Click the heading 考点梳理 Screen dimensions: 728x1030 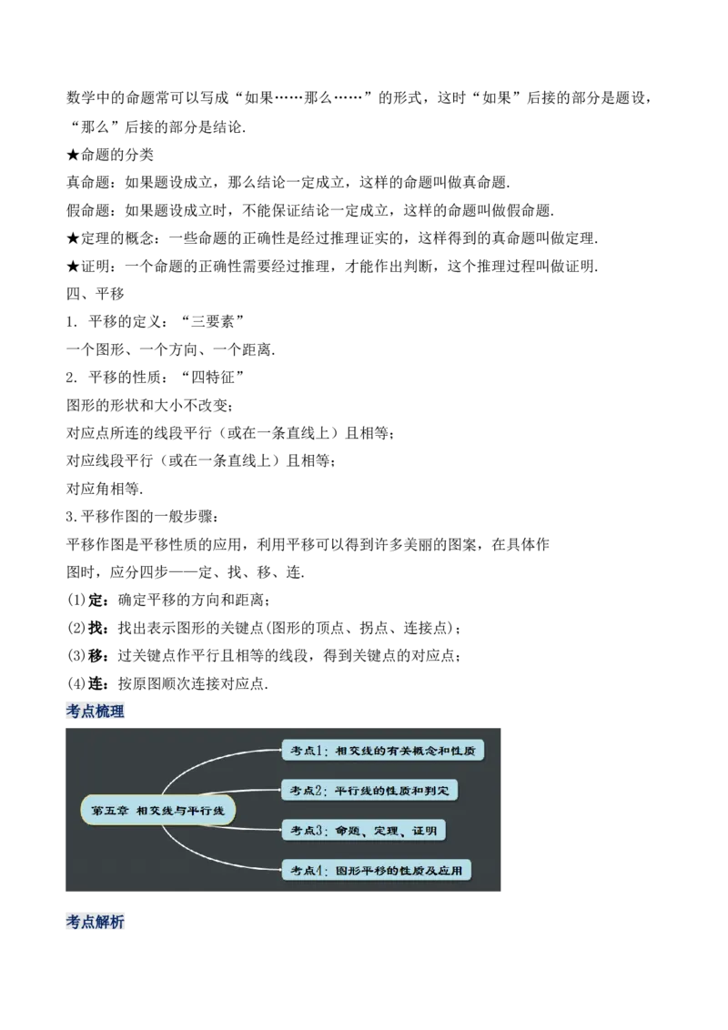(96, 711)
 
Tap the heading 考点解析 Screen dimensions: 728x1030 (96, 922)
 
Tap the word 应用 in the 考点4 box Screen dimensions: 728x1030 (452, 871)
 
